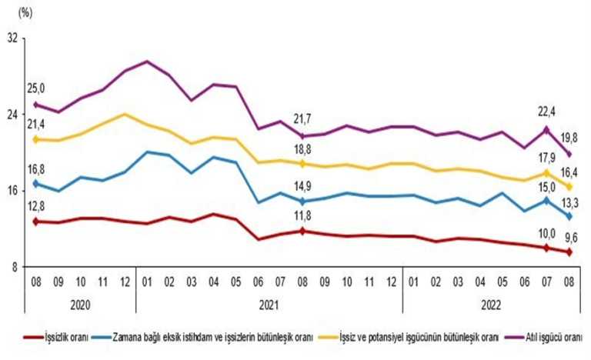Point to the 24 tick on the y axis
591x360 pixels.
pyautogui.click(x=12, y=114)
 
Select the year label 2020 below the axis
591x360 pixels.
pyautogui.click(x=79, y=304)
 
